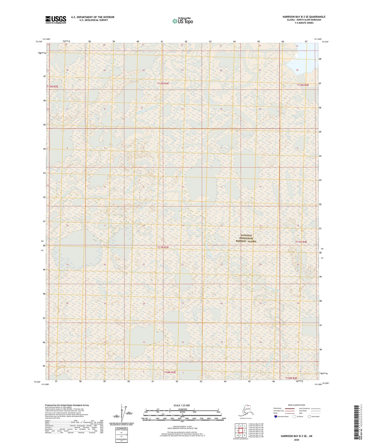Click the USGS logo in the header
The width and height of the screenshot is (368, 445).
(x=56, y=20)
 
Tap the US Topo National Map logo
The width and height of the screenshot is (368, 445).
(x=183, y=21)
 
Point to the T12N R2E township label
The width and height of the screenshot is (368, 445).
(x=52, y=87)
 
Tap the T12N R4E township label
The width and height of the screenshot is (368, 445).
(x=303, y=85)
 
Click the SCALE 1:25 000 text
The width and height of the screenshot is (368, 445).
(x=182, y=405)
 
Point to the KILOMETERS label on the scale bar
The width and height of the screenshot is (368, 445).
(x=182, y=409)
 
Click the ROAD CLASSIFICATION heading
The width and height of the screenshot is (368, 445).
(x=296, y=405)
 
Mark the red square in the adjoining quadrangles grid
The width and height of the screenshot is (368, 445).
(x=241, y=430)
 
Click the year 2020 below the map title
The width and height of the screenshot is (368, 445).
(x=296, y=440)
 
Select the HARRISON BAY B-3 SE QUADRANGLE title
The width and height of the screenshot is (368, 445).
(x=304, y=17)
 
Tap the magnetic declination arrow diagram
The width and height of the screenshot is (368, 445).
(x=122, y=413)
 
